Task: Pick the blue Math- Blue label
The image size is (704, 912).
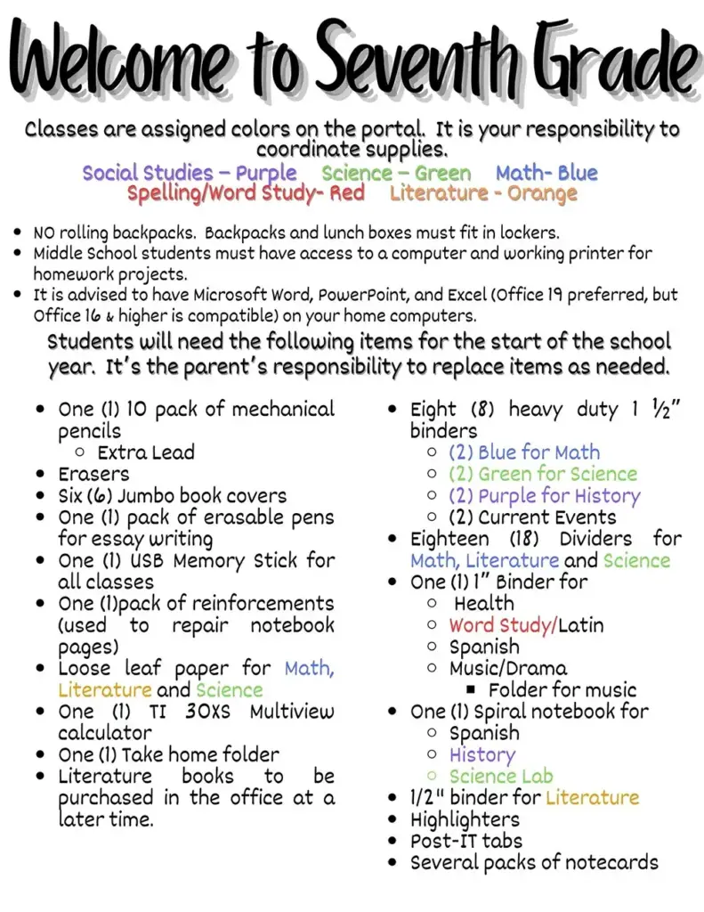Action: (546, 173)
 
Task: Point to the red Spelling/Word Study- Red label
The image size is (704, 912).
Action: (246, 193)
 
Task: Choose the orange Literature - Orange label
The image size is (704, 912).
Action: (483, 193)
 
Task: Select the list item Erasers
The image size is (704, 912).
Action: (93, 474)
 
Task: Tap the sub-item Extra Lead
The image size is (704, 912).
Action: (147, 452)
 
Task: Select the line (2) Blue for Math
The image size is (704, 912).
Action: (523, 452)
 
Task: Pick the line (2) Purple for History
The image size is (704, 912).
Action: (543, 495)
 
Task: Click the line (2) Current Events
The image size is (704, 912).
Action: (532, 517)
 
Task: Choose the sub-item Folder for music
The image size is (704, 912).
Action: (562, 689)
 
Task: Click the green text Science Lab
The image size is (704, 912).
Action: (500, 776)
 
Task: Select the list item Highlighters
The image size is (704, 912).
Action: (465, 819)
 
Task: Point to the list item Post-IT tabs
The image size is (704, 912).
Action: (465, 841)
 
